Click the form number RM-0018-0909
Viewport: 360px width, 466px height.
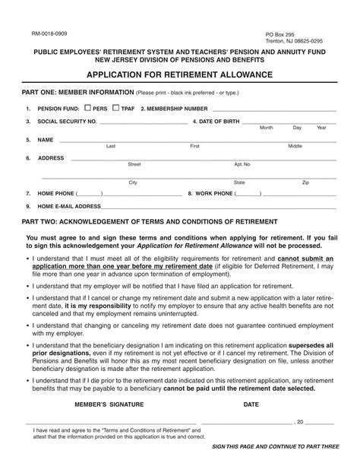(49, 34)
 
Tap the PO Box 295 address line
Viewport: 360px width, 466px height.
(280, 34)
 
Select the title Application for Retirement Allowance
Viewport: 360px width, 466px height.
(179, 76)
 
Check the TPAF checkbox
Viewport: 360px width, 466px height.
(116, 108)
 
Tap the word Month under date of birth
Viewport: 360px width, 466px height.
(267, 128)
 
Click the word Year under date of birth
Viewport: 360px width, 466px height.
(321, 128)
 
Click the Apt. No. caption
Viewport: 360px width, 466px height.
(242, 164)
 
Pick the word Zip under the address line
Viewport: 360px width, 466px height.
(305, 182)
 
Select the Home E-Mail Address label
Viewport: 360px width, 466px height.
(69, 206)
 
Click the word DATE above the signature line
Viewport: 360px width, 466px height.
(251, 405)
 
